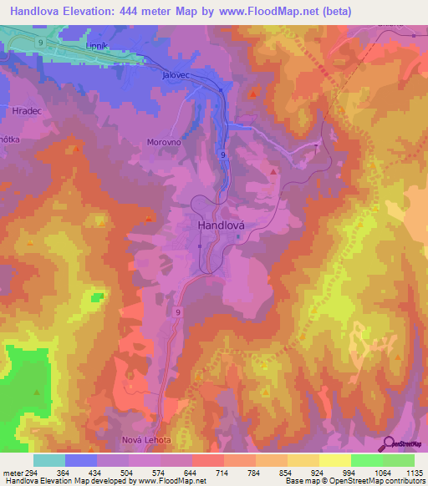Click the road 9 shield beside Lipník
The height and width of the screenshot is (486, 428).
(x=39, y=41)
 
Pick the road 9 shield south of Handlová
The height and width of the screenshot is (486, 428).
(x=179, y=311)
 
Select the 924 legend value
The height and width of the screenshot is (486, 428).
(x=318, y=473)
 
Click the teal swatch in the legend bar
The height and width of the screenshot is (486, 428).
(x=49, y=460)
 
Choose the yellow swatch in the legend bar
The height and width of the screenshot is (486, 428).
(x=334, y=460)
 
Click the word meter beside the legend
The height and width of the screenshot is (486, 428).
(x=13, y=473)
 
